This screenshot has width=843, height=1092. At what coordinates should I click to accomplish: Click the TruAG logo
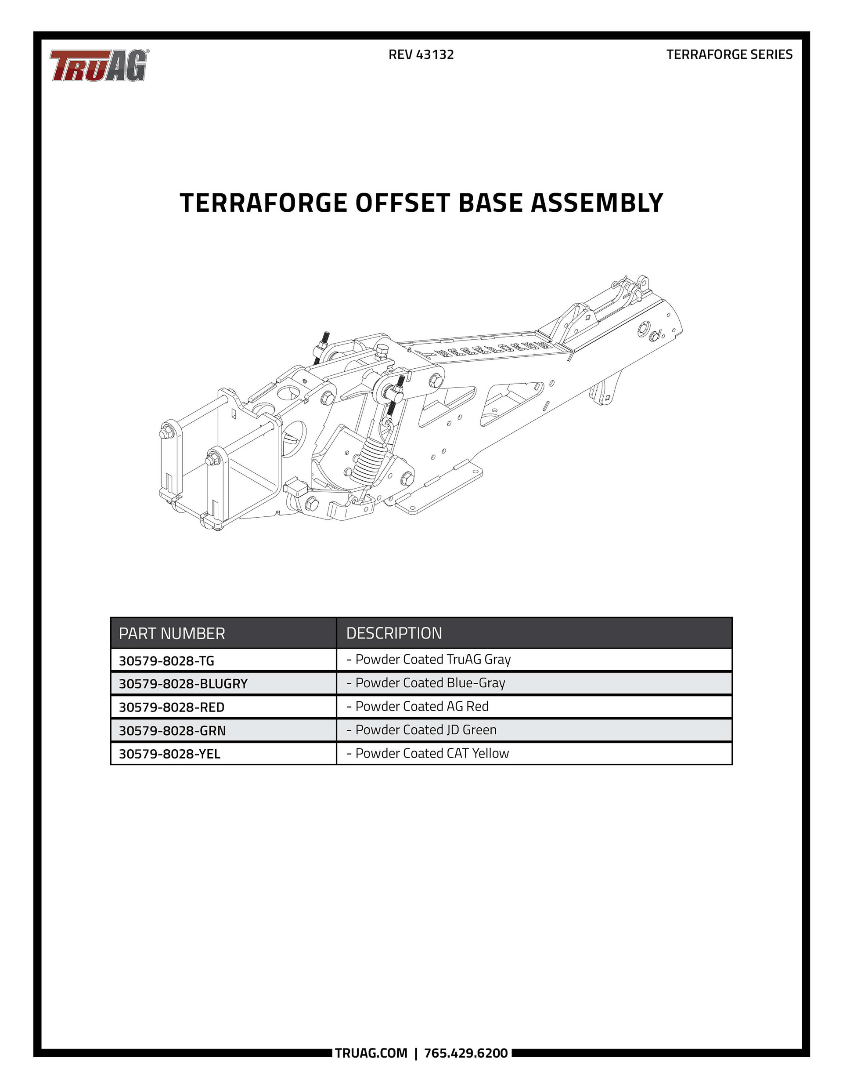point(98,65)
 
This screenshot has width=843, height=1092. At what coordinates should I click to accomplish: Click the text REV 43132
point(421,54)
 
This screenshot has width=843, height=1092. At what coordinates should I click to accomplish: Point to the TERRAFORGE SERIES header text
point(729,54)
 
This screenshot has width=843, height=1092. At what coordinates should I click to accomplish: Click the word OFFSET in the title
point(403,203)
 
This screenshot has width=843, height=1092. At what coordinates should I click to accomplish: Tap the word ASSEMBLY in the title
point(597,203)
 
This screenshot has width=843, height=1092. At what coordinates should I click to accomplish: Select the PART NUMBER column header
point(172,634)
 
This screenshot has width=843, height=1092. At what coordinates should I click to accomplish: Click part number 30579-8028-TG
point(166,661)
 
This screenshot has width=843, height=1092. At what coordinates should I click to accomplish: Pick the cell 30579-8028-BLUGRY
point(183,683)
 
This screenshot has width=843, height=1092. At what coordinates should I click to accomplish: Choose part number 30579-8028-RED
point(171,707)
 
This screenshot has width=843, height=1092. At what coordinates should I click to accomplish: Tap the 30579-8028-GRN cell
point(173,730)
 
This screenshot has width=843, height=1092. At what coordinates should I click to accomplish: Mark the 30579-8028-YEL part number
point(169,754)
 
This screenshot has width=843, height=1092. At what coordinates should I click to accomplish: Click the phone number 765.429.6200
point(466,1053)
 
